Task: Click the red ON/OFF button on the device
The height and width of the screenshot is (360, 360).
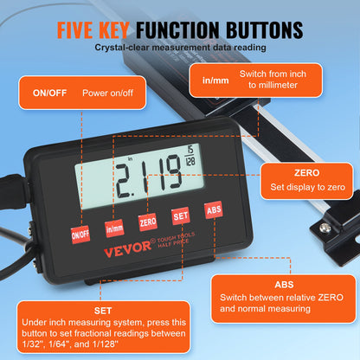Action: (80, 233)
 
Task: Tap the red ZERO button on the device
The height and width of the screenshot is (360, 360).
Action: (148, 222)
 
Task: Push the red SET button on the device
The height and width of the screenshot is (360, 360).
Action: (180, 216)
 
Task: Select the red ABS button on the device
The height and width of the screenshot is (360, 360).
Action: (213, 210)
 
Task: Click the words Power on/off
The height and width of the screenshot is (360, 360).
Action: (106, 92)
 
